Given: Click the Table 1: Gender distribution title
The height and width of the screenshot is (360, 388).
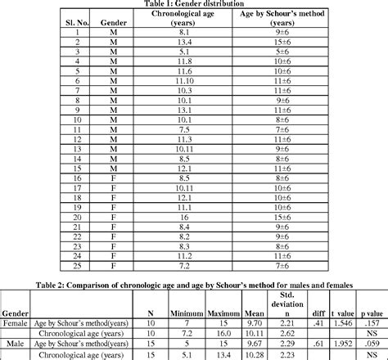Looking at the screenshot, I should tap(194, 3).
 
